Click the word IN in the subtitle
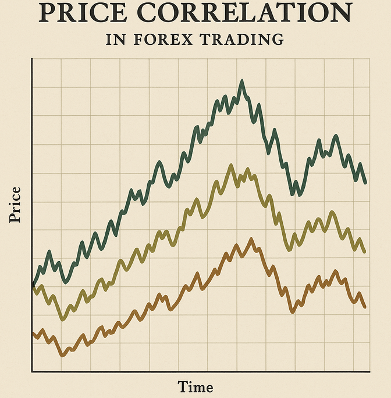click(115, 40)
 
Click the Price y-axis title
click(16, 204)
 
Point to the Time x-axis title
click(195, 386)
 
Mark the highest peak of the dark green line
click(242, 81)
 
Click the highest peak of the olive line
click(230, 166)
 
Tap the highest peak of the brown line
click(251, 239)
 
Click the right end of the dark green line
click(365, 183)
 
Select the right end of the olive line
click(364, 251)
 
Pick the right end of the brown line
click(365, 307)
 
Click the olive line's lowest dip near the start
click(63, 319)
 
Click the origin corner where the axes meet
click(33, 371)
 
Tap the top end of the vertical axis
click(33, 61)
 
